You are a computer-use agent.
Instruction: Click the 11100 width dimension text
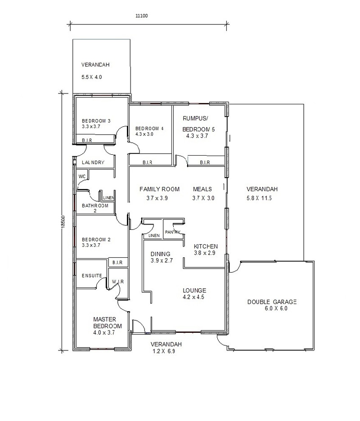point(142,16)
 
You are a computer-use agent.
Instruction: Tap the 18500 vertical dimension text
point(63,222)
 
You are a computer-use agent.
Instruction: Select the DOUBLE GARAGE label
point(272,302)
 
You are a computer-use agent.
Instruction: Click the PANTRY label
point(173,232)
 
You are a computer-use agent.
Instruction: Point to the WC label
point(82,176)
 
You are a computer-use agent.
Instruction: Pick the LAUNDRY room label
point(93,162)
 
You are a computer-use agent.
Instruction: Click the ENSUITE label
point(92,275)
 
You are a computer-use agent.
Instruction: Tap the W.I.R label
point(118,282)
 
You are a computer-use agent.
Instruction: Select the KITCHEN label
point(206,246)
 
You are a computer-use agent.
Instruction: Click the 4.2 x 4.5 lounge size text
point(193,297)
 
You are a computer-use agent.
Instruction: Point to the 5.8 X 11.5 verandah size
point(259,198)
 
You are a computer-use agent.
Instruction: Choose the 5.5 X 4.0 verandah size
point(92,77)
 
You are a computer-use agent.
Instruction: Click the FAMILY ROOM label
point(160,189)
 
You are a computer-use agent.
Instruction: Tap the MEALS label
point(202,189)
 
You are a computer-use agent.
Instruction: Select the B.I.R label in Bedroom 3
point(87,140)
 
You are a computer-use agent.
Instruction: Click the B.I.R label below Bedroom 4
point(148,162)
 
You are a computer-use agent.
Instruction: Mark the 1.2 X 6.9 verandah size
point(164,351)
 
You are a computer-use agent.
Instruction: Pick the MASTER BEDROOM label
point(108,323)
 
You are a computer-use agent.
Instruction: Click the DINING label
point(160,254)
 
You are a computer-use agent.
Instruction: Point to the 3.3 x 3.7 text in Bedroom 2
point(91,245)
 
